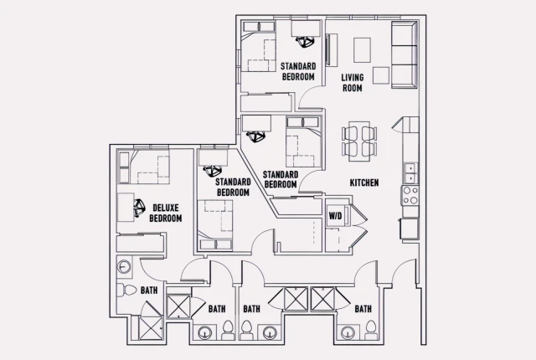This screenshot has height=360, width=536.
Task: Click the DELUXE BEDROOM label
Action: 165,213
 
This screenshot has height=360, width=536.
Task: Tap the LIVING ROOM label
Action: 352,83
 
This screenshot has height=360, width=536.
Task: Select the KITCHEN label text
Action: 364,183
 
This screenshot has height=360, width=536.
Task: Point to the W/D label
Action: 335,215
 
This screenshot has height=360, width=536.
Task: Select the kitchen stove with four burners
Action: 410,196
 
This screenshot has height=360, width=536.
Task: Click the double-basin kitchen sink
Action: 410,173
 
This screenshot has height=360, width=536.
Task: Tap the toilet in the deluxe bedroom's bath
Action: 122,290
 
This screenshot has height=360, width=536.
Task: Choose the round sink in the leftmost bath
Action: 124,267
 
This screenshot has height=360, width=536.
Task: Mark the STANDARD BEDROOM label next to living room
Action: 297,71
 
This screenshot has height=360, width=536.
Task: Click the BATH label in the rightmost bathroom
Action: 363,309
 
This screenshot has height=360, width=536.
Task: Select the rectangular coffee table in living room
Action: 362,50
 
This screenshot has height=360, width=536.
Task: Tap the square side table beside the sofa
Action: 380,75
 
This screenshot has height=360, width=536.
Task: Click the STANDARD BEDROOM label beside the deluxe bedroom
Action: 232,187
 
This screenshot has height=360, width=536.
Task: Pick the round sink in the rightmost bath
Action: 347,332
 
